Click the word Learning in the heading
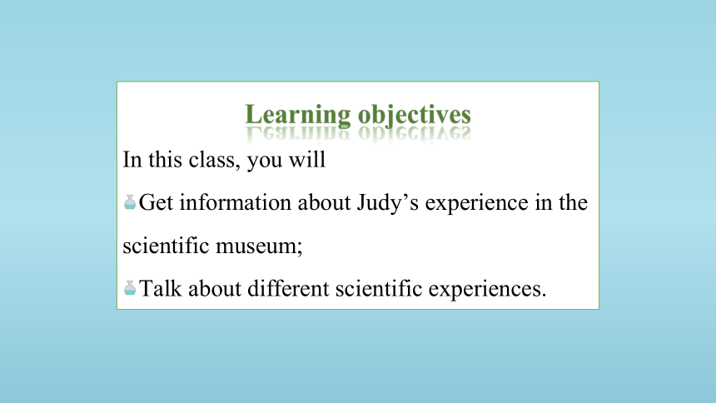pyautogui.click(x=298, y=115)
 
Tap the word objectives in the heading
pyautogui.click(x=414, y=115)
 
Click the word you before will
pyautogui.click(x=265, y=162)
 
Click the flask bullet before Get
pyautogui.click(x=130, y=202)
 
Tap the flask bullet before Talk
pyautogui.click(x=130, y=288)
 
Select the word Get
pyautogui.click(x=156, y=202)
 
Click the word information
pyautogui.click(x=235, y=202)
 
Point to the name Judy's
pyautogui.click(x=388, y=204)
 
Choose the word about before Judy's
pyautogui.click(x=324, y=202)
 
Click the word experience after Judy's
pyautogui.click(x=477, y=204)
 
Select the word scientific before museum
pyautogui.click(x=166, y=246)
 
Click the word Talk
pyautogui.click(x=161, y=288)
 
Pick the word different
pyautogui.click(x=288, y=288)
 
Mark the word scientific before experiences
pyautogui.click(x=379, y=288)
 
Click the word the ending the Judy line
pyautogui.click(x=574, y=202)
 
